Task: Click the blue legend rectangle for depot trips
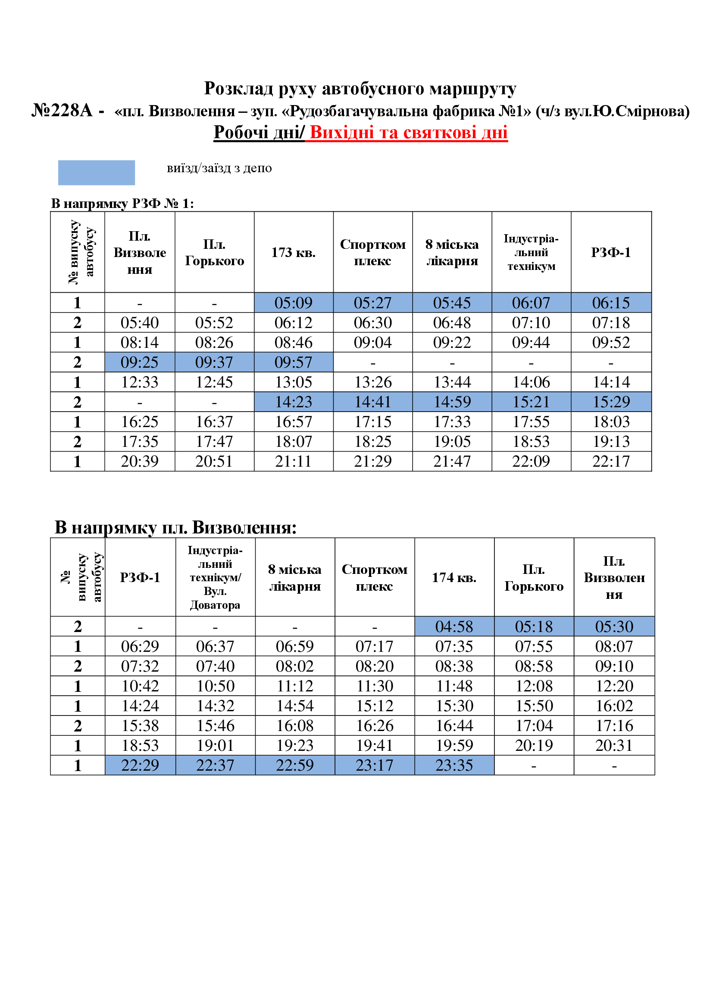96,172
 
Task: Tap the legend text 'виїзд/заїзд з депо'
219,168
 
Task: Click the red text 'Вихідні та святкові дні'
408,132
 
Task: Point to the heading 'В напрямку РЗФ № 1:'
122,204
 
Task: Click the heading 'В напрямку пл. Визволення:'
175,527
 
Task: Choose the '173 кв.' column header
293,252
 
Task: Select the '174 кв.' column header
454,577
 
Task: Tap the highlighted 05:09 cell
293,303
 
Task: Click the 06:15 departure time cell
611,303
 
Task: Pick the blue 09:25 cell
140,362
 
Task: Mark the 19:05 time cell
452,441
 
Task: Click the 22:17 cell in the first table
611,461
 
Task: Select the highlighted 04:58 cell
454,626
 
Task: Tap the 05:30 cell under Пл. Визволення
614,626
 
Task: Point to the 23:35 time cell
454,765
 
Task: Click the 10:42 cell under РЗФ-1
140,685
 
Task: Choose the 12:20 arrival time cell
614,685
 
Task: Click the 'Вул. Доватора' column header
215,598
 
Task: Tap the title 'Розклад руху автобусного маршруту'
360,89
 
